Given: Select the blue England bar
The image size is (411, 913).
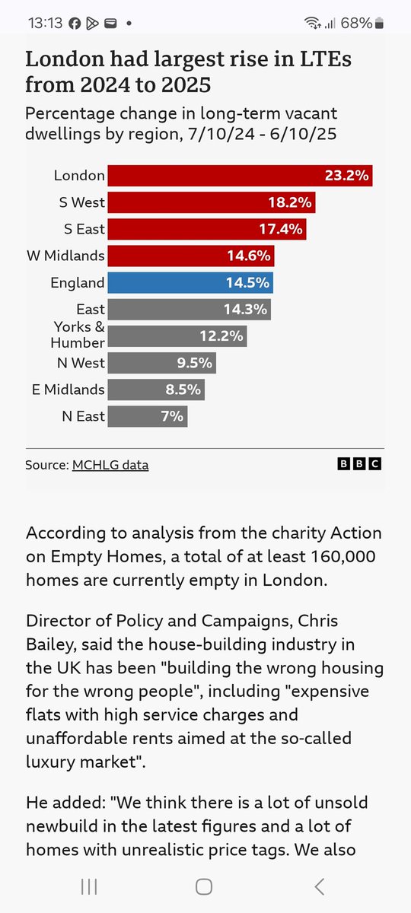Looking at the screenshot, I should pyautogui.click(x=190, y=283).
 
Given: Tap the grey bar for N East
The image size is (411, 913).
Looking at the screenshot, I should pyautogui.click(x=147, y=416).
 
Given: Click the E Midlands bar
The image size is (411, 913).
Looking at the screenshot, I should pyautogui.click(x=155, y=390).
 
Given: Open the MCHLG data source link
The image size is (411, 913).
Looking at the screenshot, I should pyautogui.click(x=110, y=465).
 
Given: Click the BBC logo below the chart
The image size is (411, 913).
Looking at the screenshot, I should pyautogui.click(x=359, y=464).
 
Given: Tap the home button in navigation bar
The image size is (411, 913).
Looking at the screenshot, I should pyautogui.click(x=204, y=886).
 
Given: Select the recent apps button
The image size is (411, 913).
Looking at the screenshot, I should pyautogui.click(x=89, y=886).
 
